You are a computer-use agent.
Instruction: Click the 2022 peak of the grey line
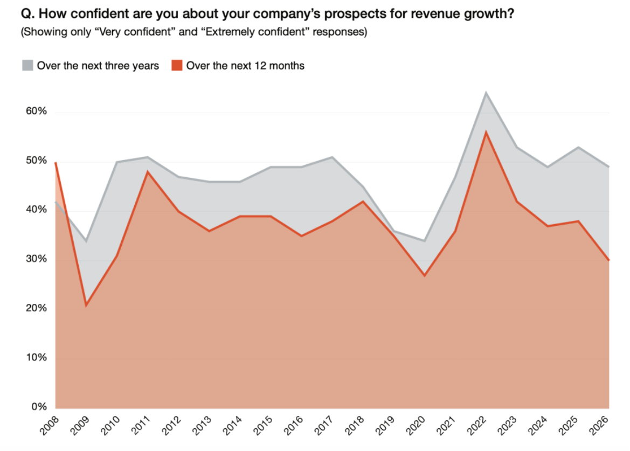(486, 93)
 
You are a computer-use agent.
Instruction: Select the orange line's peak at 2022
(486, 132)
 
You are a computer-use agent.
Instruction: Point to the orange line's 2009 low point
(86, 306)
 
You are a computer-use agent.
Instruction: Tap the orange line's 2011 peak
(148, 172)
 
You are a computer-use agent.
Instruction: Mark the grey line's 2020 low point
(425, 241)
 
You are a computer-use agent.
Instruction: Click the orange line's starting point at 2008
(56, 162)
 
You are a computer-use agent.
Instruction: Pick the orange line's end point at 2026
(609, 260)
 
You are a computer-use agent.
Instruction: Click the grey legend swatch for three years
(27, 66)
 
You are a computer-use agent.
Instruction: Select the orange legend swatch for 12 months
(177, 66)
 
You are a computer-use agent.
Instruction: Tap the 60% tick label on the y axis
(36, 112)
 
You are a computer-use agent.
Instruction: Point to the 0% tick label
(38, 407)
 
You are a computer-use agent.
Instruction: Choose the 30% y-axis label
(36, 259)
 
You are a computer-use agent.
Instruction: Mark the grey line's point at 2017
(333, 157)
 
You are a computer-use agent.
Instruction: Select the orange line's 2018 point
(363, 202)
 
